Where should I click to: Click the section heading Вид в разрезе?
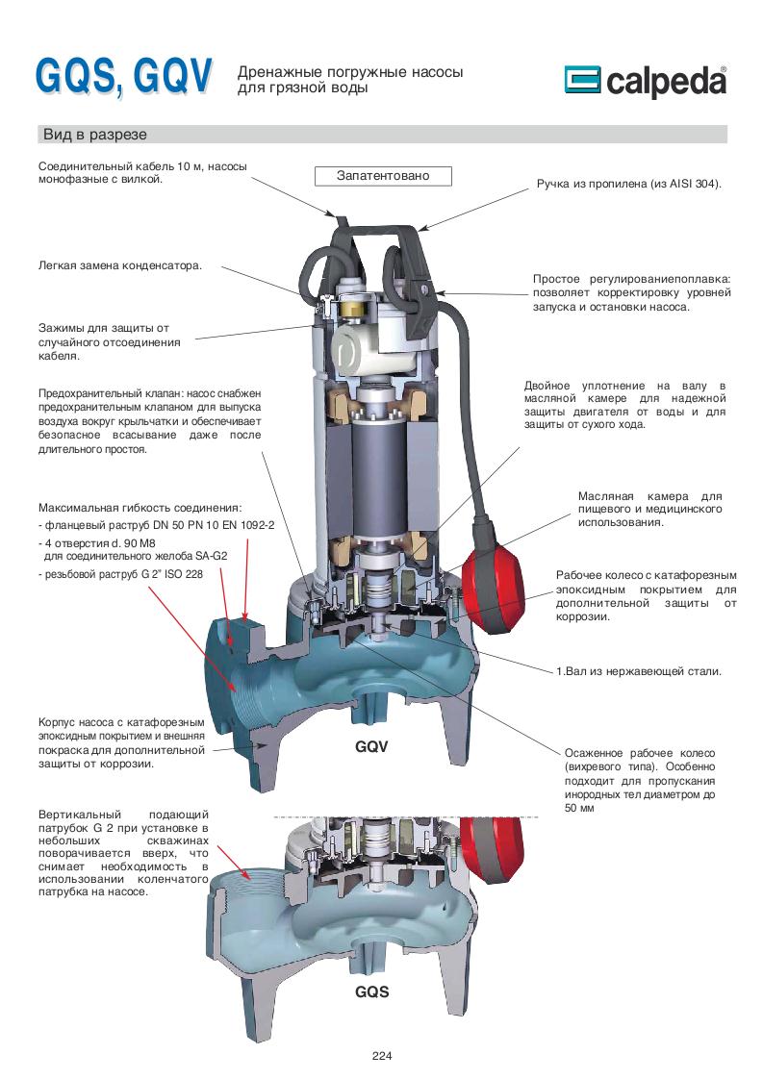pos(93,134)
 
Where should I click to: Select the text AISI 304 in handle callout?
pos(691,182)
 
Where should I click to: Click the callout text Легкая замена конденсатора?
pos(120,265)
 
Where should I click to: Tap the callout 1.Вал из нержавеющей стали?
pos(638,671)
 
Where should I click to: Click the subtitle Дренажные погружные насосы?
pos(350,72)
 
